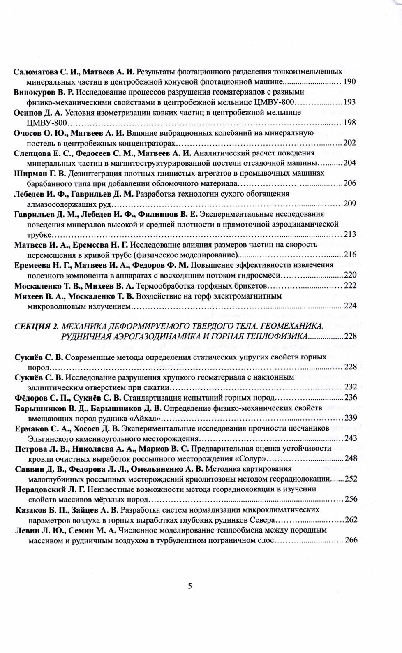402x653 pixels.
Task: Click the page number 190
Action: [349, 81]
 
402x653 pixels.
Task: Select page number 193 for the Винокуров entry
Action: [349, 102]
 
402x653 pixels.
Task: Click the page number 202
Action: [349, 143]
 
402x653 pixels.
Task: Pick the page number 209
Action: [349, 204]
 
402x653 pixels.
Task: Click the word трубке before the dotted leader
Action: [39, 234]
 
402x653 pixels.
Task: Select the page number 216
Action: [349, 255]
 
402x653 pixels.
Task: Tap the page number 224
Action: [350, 306]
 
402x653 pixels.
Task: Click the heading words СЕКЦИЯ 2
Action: [36, 326]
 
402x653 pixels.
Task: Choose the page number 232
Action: [350, 387]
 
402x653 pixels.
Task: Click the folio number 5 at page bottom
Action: [190, 586]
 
